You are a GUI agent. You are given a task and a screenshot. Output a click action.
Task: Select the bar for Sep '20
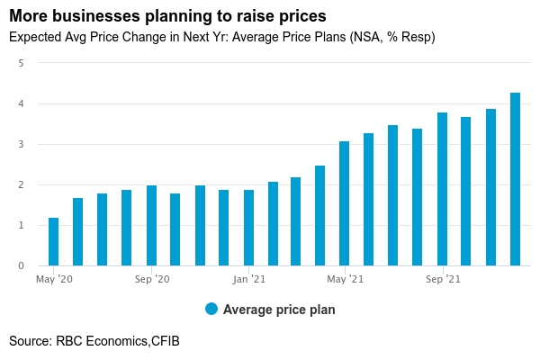[x=151, y=225]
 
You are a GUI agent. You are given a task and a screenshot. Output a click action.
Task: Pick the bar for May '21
[x=345, y=203]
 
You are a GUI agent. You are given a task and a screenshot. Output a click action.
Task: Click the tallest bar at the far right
[x=515, y=179]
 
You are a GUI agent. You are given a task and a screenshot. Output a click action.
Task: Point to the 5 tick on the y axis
[x=21, y=64]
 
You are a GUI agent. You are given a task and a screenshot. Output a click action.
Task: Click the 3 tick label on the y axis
[x=21, y=145]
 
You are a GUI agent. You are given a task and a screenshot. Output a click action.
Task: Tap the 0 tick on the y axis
[x=21, y=266]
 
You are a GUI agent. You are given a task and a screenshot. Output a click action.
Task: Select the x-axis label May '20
[x=54, y=280]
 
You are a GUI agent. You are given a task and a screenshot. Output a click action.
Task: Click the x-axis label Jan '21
[x=248, y=280]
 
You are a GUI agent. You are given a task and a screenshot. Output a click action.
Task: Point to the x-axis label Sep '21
[x=442, y=280]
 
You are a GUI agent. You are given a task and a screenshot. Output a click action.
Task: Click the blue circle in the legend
[x=211, y=309]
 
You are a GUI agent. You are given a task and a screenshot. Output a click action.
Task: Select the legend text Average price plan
[x=279, y=310]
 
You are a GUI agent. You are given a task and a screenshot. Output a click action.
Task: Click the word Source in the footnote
[x=29, y=341]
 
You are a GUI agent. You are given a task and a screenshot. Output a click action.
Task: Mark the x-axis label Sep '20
[x=151, y=280]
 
